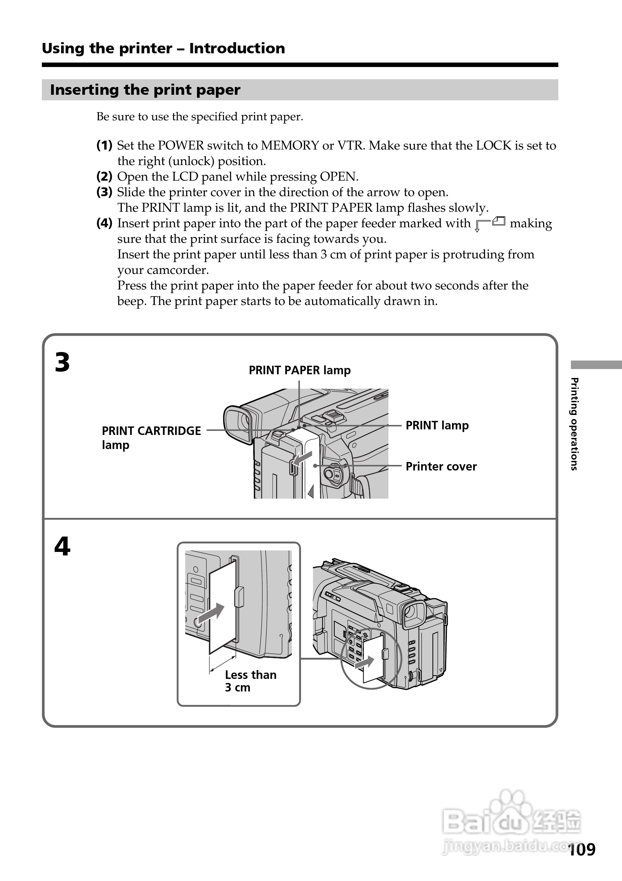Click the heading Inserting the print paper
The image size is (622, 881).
(x=145, y=90)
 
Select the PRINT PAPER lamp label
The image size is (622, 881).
(x=300, y=370)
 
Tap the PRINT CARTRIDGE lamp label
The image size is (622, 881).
(x=151, y=438)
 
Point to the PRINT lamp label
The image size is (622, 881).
(x=437, y=426)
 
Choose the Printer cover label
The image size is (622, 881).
(x=441, y=466)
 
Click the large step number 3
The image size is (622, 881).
(x=62, y=363)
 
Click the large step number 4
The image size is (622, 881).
(x=62, y=546)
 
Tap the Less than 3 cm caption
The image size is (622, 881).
(x=250, y=681)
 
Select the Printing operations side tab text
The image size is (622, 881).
(x=574, y=424)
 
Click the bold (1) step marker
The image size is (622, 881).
(x=104, y=145)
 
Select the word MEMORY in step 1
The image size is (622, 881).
(x=290, y=145)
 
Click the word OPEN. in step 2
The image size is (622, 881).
(x=339, y=177)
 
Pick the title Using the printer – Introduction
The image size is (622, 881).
(x=163, y=48)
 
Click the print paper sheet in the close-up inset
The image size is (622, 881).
(x=223, y=606)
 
